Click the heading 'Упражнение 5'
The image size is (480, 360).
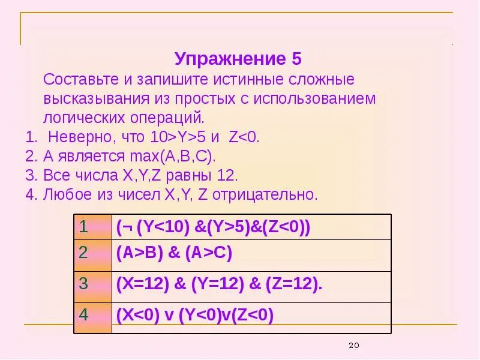[x=238, y=59]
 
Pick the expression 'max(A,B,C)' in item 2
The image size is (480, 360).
[x=171, y=156]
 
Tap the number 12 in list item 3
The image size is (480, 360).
[x=226, y=175]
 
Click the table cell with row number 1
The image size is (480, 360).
[x=92, y=227]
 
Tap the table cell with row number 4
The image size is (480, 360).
[x=92, y=316]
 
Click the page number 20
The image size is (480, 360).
[x=353, y=345]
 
